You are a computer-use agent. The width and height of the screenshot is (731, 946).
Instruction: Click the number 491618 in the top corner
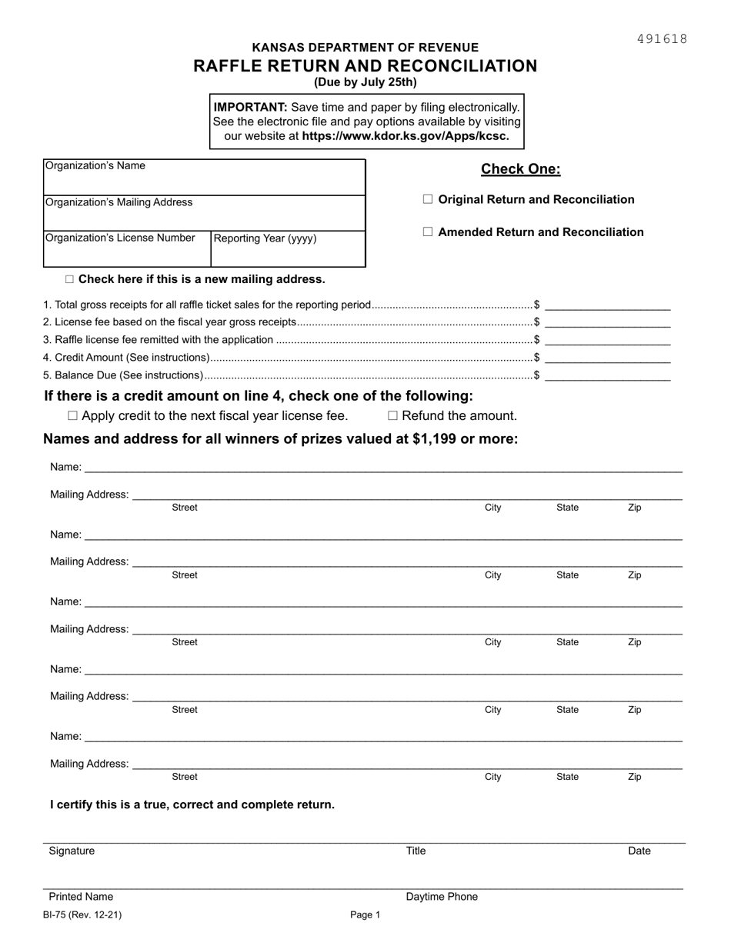(x=662, y=39)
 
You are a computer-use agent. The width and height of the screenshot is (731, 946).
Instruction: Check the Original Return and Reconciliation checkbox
(x=428, y=199)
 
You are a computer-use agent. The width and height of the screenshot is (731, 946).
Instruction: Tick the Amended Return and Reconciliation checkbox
(x=428, y=232)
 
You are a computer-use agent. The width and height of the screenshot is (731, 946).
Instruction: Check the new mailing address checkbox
(x=70, y=279)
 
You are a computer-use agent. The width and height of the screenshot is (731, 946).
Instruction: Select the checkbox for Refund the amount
(x=392, y=416)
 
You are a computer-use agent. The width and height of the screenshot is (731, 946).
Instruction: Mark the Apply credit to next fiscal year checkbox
(x=73, y=416)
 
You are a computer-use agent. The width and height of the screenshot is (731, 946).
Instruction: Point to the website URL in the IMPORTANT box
(x=406, y=136)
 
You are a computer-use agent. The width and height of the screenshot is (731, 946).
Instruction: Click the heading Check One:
(x=520, y=169)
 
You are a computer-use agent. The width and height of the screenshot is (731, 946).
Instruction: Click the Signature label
(x=72, y=851)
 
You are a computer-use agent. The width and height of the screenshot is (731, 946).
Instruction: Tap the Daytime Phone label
(x=442, y=897)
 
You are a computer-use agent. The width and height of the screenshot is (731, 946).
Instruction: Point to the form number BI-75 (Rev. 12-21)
(x=82, y=915)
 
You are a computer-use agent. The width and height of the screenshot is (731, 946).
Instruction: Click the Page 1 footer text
(x=365, y=915)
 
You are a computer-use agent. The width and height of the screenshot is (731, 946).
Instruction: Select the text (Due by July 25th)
(x=365, y=82)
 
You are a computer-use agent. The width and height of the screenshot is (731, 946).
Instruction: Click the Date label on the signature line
(x=639, y=851)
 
